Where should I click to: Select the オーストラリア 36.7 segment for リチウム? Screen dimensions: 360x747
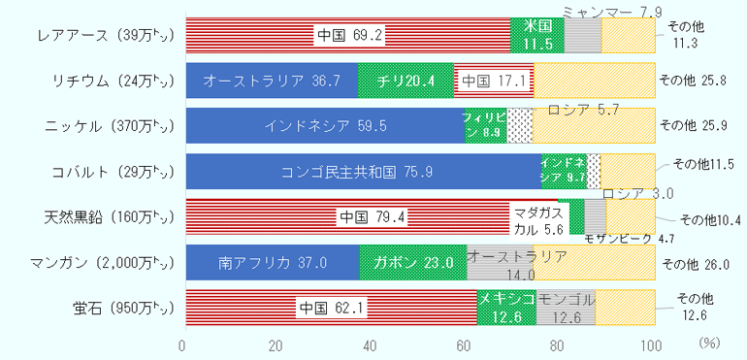pyautogui.click(x=271, y=82)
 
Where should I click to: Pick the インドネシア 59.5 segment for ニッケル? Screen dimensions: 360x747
pyautogui.click(x=325, y=126)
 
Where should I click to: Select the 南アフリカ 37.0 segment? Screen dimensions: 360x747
pyautogui.click(x=272, y=262)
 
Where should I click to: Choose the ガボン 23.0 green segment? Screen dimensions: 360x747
pyautogui.click(x=413, y=262)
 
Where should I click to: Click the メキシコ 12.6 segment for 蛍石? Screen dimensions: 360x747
pyautogui.click(x=506, y=308)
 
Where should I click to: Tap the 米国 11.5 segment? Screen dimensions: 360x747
pyautogui.click(x=537, y=36)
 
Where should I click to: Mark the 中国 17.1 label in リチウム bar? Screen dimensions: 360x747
pyautogui.click(x=494, y=82)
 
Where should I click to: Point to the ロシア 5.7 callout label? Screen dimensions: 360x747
pyautogui.click(x=583, y=110)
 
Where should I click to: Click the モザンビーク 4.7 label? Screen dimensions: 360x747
pyautogui.click(x=631, y=239)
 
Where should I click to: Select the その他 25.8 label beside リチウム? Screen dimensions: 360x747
pyautogui.click(x=693, y=82)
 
